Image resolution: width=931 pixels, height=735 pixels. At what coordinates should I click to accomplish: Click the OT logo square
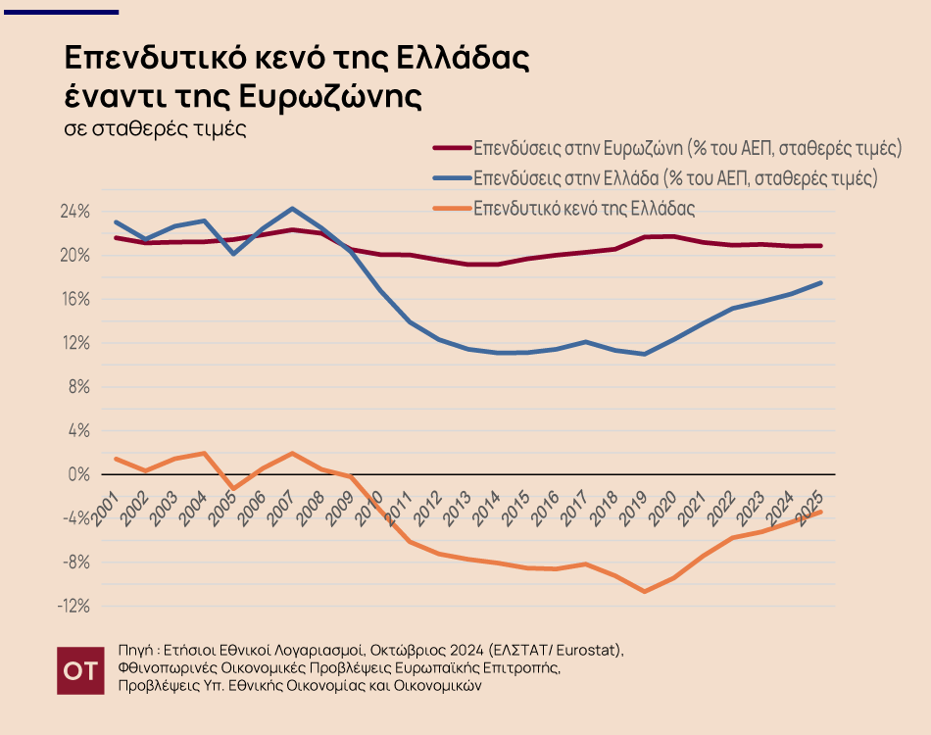78,670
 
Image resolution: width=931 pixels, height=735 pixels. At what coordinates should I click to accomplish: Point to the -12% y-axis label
73,607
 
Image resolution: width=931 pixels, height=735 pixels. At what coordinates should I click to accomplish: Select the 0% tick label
79,474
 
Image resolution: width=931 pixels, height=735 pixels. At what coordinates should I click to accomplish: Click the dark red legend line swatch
451,149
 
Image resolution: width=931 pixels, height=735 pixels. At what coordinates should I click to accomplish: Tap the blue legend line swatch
451,179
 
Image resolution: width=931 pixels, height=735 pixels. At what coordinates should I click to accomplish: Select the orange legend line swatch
451,209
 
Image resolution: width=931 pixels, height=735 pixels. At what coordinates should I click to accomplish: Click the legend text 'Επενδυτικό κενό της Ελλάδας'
584,209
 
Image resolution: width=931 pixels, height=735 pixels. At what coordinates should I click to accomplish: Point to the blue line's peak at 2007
292,209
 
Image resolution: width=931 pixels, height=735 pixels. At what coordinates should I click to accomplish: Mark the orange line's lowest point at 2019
644,591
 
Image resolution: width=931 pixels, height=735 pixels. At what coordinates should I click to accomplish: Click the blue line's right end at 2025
820,282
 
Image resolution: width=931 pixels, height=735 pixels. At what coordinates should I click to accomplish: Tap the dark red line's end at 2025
820,246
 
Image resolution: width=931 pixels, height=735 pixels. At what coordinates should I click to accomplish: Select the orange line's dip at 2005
233,488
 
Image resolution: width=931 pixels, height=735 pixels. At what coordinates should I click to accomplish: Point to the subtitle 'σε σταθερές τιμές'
154,128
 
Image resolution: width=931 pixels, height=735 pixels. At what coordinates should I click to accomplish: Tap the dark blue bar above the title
60,12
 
